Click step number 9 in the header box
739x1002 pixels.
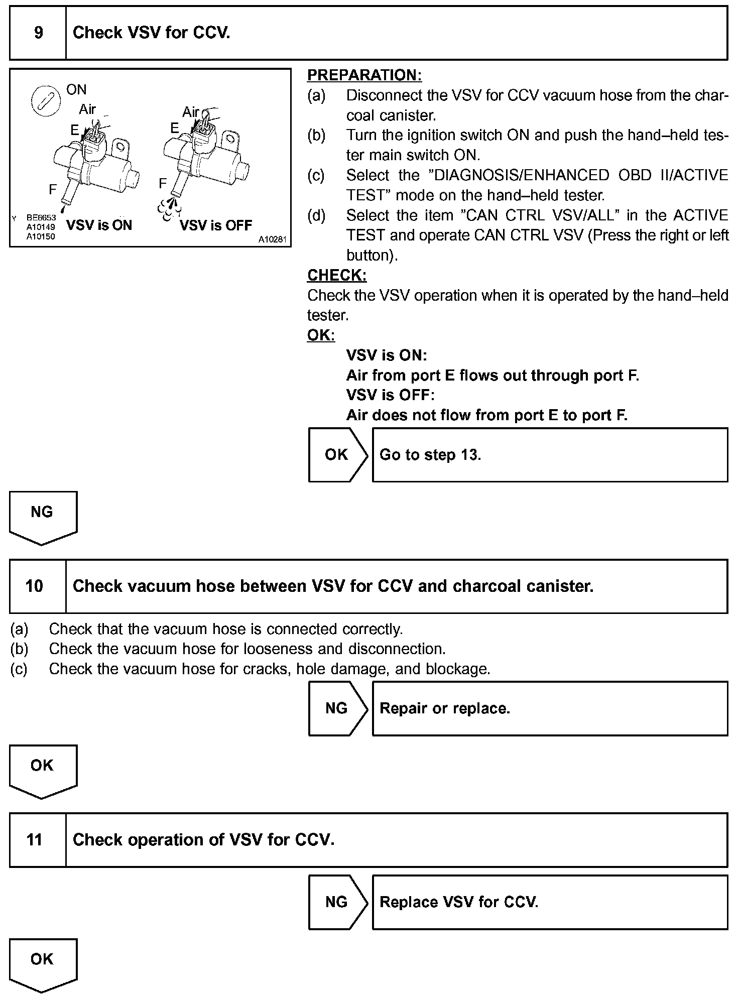click(x=38, y=33)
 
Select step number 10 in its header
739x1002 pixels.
click(x=34, y=586)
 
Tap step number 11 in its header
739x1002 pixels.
click(x=34, y=840)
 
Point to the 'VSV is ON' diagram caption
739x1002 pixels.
click(x=99, y=225)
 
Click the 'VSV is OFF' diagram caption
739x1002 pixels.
click(x=216, y=225)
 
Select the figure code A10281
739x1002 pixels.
click(x=272, y=240)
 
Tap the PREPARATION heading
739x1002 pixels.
click(x=364, y=75)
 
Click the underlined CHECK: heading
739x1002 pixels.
click(x=337, y=275)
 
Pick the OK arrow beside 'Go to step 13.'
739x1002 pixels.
click(x=337, y=455)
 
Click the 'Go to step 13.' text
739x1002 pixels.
click(x=430, y=455)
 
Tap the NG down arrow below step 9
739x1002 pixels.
click(x=42, y=516)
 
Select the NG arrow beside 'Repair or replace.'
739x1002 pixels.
click(x=337, y=708)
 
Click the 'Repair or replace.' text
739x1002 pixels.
click(x=445, y=708)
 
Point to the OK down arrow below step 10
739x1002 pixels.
click(x=42, y=770)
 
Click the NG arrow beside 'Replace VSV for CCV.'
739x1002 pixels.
click(x=337, y=902)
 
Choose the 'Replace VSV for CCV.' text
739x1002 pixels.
click(x=459, y=902)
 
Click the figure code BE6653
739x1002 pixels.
click(x=41, y=218)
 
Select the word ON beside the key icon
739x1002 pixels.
click(x=76, y=90)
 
